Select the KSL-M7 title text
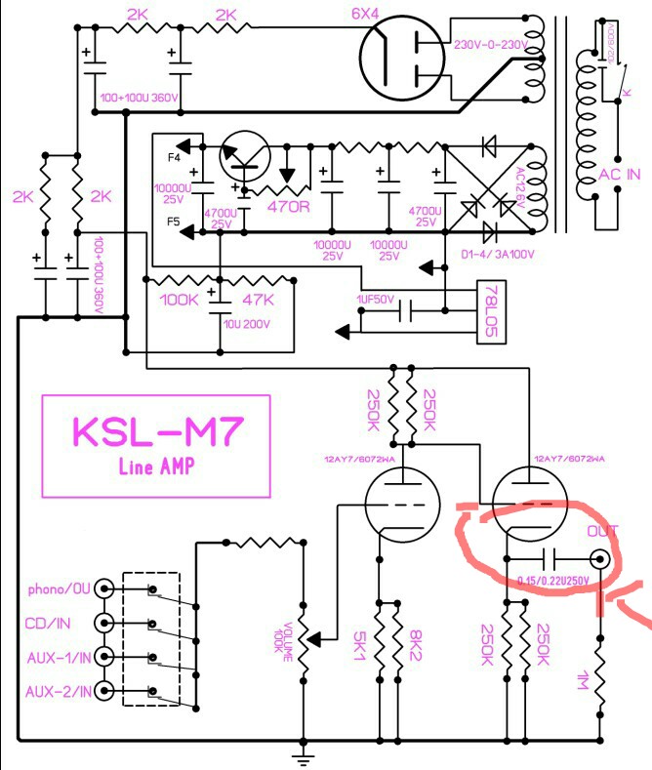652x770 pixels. (x=156, y=429)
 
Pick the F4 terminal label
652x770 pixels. (x=174, y=158)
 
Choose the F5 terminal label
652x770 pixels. (x=174, y=223)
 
